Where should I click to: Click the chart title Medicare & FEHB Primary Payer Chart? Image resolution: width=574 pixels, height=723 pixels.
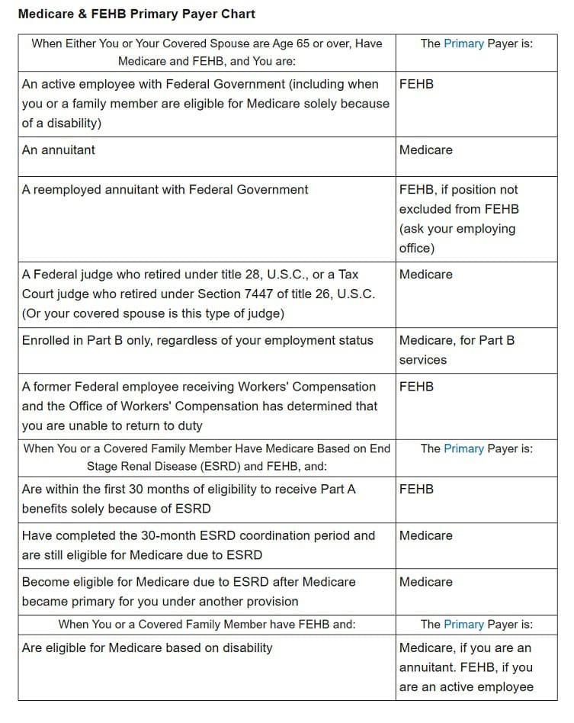coord(136,14)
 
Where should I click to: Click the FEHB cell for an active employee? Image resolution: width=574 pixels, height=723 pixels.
coord(416,84)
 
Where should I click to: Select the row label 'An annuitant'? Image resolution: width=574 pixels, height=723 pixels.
coord(59,149)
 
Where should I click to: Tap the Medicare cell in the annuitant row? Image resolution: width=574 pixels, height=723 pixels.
coord(425,149)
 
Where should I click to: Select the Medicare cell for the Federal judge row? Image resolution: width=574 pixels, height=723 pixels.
coord(425,274)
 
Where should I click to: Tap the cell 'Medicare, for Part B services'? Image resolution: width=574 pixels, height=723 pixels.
coord(457,349)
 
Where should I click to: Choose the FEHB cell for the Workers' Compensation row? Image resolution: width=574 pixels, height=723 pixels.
coord(416,387)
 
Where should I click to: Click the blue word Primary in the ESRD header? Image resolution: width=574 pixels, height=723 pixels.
coord(463,448)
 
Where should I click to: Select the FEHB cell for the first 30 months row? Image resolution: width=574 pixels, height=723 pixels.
coord(416,489)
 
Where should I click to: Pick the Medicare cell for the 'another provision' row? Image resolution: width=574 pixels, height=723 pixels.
coord(425,582)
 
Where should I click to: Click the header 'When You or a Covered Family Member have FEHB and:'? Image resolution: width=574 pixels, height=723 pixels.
coord(207,624)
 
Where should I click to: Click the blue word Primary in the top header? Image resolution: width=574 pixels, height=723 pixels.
coord(463,43)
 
